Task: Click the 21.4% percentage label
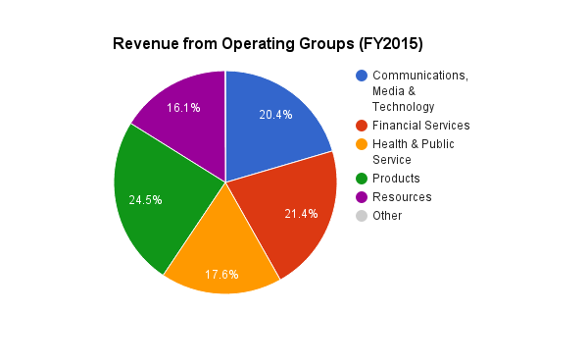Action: (300, 214)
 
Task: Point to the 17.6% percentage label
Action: (221, 274)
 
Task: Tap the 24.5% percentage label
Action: (145, 200)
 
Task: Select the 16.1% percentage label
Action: (183, 108)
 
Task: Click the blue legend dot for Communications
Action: (362, 76)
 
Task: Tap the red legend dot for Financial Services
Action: (362, 126)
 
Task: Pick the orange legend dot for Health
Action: (362, 144)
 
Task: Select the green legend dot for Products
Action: (362, 179)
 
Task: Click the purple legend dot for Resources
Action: (362, 197)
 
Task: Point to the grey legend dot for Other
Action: (362, 216)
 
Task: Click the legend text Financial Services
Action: (420, 126)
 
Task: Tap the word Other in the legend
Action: (386, 216)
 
